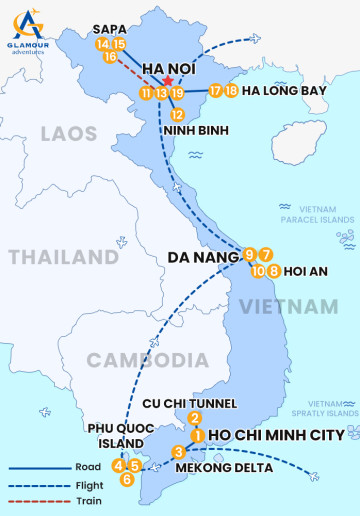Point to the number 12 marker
[178, 114]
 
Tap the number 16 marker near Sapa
[111, 57]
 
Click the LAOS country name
[69, 133]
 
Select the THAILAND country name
[64, 256]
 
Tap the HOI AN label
[307, 270]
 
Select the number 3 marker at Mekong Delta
[179, 451]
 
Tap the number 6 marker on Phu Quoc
[126, 479]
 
